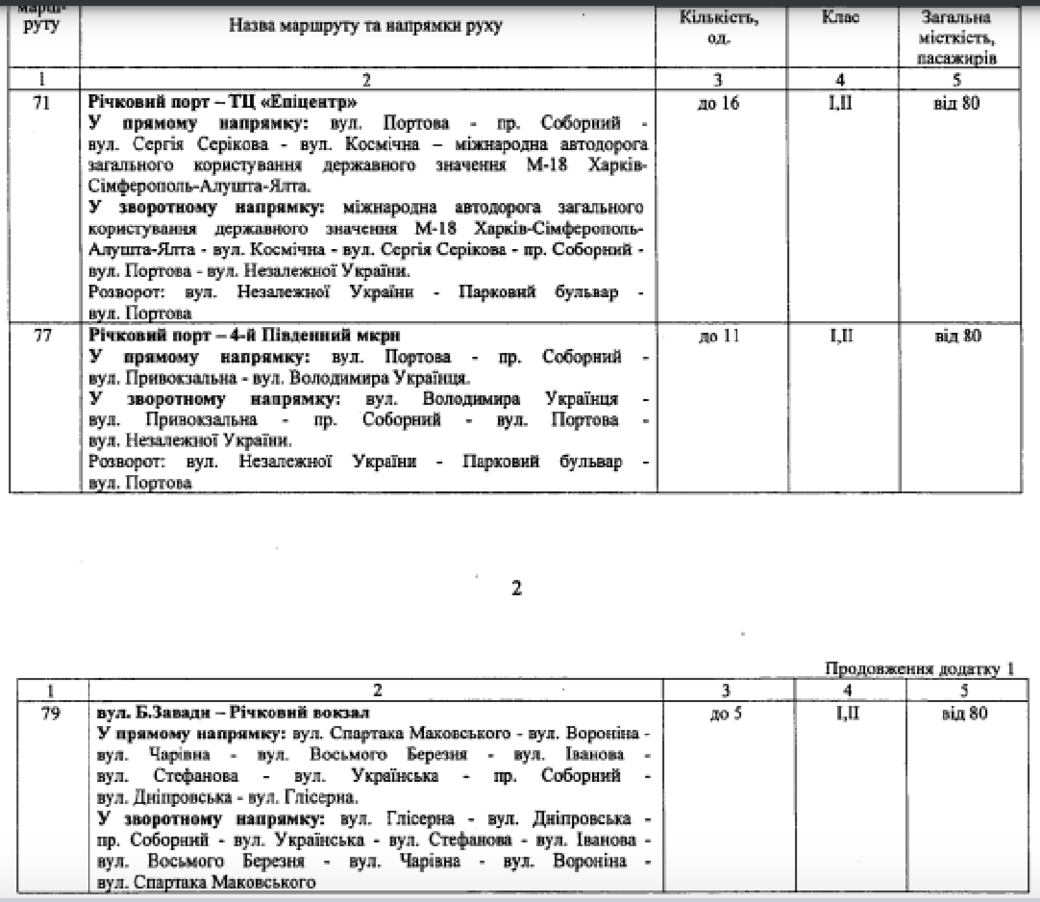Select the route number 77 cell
41,337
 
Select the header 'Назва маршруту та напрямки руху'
365,27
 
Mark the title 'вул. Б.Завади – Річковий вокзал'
235,713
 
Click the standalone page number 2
517,589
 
